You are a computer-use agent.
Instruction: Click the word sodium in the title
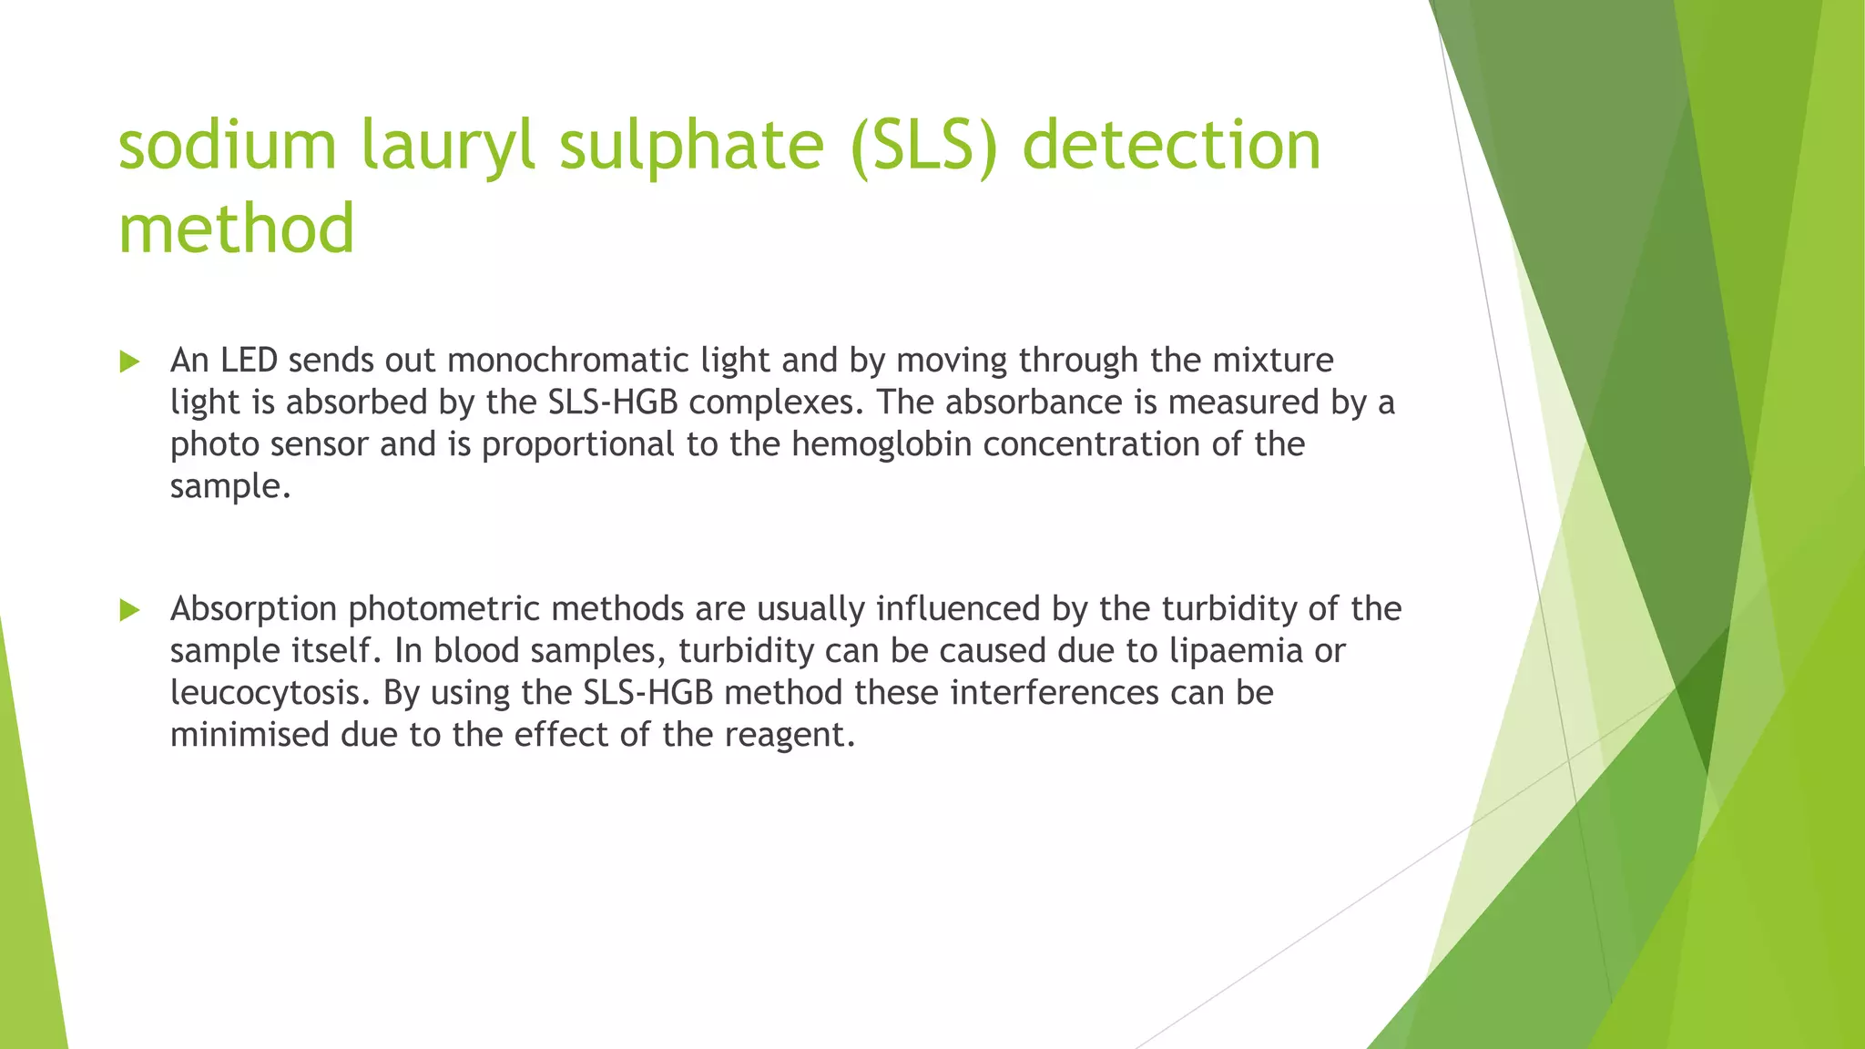(x=228, y=146)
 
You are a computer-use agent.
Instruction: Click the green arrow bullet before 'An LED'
(x=129, y=362)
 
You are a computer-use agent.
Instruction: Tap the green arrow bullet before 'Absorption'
(x=129, y=610)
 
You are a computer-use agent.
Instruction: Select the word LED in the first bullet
(x=249, y=361)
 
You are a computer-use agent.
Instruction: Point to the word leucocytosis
(x=270, y=692)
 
